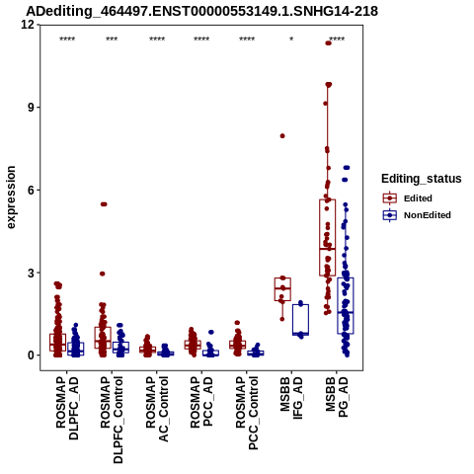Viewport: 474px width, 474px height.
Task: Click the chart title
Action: (201, 12)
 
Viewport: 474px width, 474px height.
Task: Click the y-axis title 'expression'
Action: (11, 197)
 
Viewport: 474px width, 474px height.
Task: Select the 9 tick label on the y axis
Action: (32, 108)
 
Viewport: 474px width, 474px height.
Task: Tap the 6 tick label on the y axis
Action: (32, 190)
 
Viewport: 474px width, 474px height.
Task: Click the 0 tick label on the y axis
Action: (32, 355)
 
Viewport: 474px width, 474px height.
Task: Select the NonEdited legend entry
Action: (417, 215)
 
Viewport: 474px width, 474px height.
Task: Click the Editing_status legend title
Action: (421, 179)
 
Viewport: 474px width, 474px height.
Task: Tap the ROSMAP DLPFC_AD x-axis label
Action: (67, 408)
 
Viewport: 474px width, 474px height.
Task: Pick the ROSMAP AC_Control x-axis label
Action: (157, 409)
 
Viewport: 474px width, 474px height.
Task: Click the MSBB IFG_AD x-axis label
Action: (291, 398)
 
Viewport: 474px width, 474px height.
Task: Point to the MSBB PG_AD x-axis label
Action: (337, 397)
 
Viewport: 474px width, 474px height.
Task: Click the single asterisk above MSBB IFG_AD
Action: (291, 39)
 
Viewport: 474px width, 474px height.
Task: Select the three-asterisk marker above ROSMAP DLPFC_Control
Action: (112, 39)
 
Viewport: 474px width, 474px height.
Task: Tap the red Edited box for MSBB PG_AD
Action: (327, 237)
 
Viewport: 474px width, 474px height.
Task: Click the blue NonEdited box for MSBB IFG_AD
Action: (300, 319)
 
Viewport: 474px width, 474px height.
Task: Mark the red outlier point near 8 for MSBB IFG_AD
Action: (282, 136)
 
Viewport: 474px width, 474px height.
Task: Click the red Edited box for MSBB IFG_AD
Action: (282, 289)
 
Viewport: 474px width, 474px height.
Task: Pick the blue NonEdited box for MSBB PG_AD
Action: (346, 305)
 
